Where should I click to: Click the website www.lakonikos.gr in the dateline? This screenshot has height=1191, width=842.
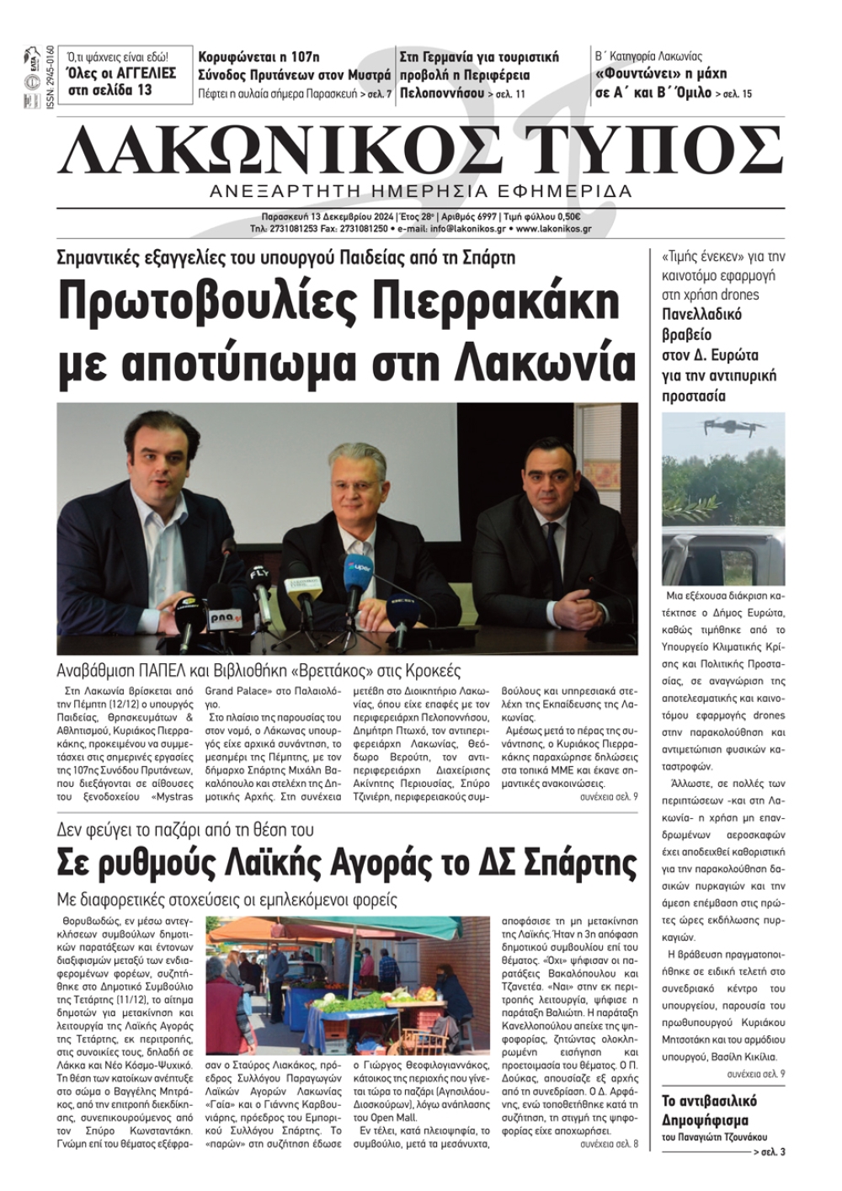point(554,228)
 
